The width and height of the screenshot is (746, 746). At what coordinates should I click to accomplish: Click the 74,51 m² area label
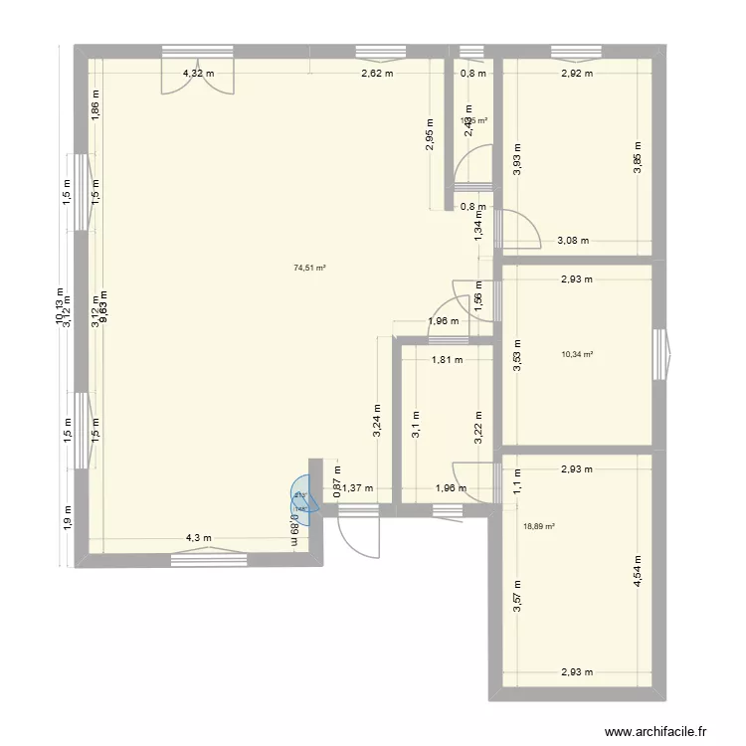tap(309, 267)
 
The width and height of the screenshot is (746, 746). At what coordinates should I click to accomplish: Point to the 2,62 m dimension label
tap(376, 73)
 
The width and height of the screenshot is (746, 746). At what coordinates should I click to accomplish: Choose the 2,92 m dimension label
tap(576, 73)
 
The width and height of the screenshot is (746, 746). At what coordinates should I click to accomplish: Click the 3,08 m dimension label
tap(573, 240)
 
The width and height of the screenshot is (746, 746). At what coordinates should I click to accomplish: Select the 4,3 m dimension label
tap(197, 538)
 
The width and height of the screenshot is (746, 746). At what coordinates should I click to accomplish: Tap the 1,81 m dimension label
tap(447, 361)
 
